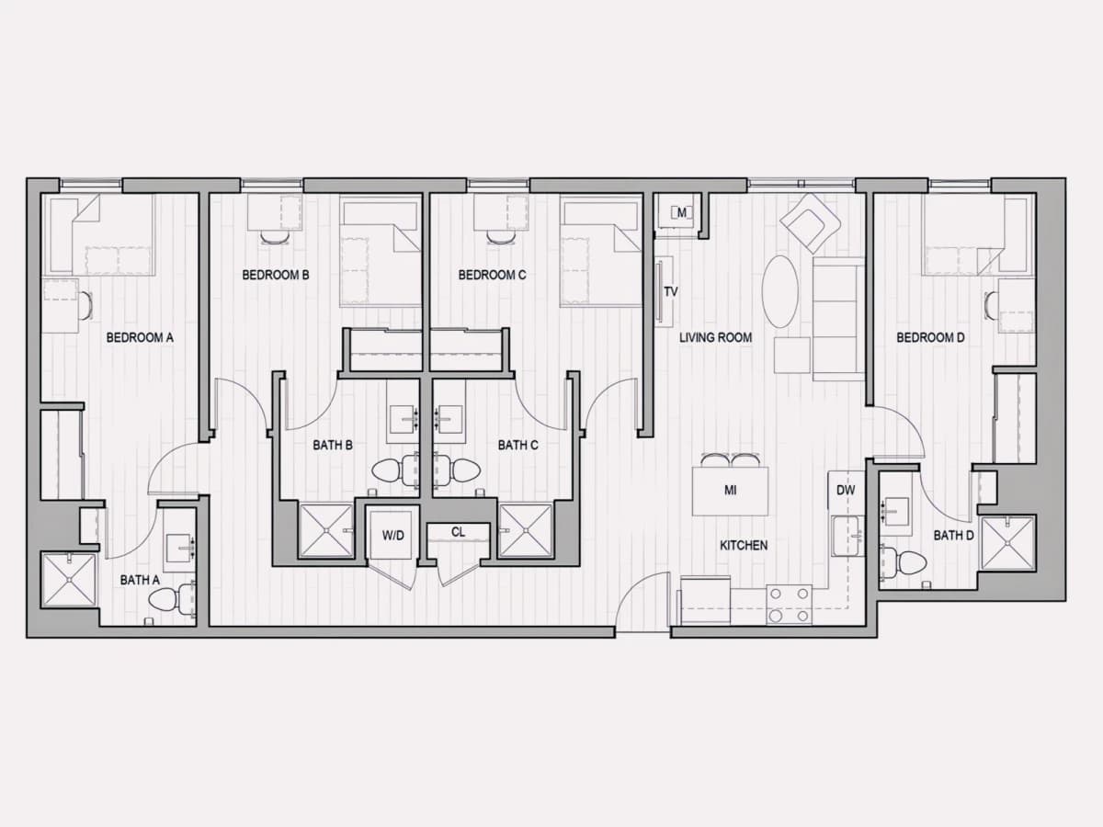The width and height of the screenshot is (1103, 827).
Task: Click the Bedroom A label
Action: coord(140,337)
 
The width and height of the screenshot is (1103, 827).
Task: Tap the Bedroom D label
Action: coord(930,337)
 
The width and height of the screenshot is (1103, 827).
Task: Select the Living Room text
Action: coord(715,337)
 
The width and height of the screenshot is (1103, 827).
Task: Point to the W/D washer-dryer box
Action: coord(392,536)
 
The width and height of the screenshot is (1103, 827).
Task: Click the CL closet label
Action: coord(459,532)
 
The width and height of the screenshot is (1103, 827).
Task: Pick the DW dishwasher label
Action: coord(846,490)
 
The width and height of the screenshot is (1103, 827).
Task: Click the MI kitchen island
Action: coord(730,491)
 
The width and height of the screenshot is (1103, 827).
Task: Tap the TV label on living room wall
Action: coord(671,291)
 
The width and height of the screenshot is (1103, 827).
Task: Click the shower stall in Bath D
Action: coord(1007,543)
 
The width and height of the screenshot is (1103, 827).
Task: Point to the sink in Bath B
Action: coord(404,420)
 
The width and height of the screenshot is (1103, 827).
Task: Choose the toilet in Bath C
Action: coord(457,470)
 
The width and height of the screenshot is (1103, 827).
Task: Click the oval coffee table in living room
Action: coord(779,291)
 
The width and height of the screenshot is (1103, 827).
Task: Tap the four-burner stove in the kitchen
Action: coord(789,605)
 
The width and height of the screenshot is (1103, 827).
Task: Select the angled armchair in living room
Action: coord(810,222)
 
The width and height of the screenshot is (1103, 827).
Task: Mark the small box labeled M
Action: coord(681,213)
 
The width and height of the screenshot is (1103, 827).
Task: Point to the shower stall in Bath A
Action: coord(69,580)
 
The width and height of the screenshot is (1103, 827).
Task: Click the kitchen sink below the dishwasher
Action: coord(846,537)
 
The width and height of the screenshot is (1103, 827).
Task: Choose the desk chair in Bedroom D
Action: coord(992,305)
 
